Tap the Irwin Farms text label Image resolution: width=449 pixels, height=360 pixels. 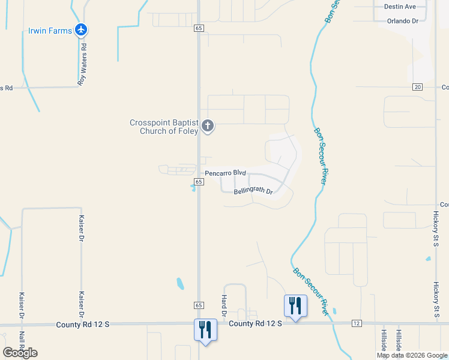(50, 30)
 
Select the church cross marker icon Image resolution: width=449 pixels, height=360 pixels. (208, 126)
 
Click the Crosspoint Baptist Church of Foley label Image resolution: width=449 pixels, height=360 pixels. (164, 127)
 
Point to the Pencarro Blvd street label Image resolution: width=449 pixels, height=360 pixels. (226, 173)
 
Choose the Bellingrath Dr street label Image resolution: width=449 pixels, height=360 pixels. (253, 192)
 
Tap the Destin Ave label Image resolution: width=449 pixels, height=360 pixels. (402, 7)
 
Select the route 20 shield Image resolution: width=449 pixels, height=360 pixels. (418, 87)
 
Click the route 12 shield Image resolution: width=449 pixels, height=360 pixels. (357, 323)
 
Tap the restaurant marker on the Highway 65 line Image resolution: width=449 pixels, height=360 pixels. (205, 330)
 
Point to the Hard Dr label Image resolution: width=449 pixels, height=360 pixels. (224, 305)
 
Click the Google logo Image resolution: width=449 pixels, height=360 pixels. (20, 352)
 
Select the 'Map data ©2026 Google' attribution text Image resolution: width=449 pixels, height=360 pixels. (412, 355)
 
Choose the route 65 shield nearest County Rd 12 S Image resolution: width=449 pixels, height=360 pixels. (199, 305)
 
